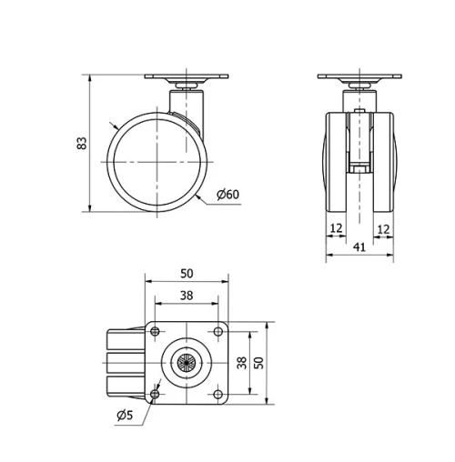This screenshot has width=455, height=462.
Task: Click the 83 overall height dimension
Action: [81, 143]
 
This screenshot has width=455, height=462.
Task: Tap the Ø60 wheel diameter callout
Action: [228, 194]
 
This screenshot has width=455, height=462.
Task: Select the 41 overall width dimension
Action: [359, 246]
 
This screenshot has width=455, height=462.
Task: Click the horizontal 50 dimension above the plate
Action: [187, 273]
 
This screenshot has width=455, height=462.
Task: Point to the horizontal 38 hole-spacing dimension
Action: [187, 295]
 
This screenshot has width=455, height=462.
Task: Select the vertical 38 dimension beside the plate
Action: [240, 362]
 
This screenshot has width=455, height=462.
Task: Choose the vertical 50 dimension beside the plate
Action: [258, 362]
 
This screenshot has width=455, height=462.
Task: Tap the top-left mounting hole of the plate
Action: [155, 331]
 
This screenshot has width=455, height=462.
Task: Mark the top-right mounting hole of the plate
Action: [218, 331]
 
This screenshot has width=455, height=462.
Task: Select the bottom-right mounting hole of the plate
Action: [218, 395]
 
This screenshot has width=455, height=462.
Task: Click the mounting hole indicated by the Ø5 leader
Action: [155, 395]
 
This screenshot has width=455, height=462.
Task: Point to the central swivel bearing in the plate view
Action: [187, 363]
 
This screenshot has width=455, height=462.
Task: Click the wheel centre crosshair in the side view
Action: [157, 161]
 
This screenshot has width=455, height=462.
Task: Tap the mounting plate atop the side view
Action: [187, 78]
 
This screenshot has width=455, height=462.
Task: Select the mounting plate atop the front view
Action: [359, 78]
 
